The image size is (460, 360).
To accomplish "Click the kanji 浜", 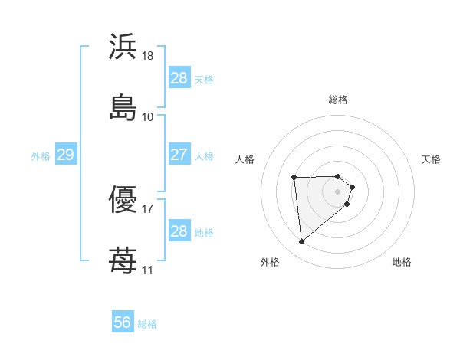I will [x=123, y=47].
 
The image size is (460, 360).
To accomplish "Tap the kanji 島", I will [x=123, y=107].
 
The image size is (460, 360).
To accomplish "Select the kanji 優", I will [x=123, y=199].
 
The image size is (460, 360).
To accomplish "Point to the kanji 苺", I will [x=123, y=260].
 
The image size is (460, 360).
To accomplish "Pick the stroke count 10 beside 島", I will [x=148, y=116].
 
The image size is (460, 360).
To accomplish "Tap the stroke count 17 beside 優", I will [x=148, y=208].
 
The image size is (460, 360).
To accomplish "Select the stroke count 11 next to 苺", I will [x=148, y=270].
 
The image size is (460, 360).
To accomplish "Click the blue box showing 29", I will [x=65, y=155].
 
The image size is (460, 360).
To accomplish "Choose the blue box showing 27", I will [x=179, y=155].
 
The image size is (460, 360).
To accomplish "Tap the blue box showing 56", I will [x=123, y=323].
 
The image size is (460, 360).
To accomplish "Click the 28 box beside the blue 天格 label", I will [x=179, y=78].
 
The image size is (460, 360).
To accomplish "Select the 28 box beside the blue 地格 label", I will [x=179, y=232].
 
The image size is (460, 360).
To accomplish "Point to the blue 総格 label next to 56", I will [x=147, y=324].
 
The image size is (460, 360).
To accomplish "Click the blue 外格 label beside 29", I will [x=41, y=156].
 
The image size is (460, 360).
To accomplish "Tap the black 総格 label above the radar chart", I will [x=338, y=100].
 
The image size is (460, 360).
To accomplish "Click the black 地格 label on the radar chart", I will [x=402, y=263].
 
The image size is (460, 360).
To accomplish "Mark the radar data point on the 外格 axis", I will [x=302, y=242].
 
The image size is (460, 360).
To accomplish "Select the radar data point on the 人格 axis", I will [x=294, y=178].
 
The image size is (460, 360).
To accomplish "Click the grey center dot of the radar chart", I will [x=338, y=191].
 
